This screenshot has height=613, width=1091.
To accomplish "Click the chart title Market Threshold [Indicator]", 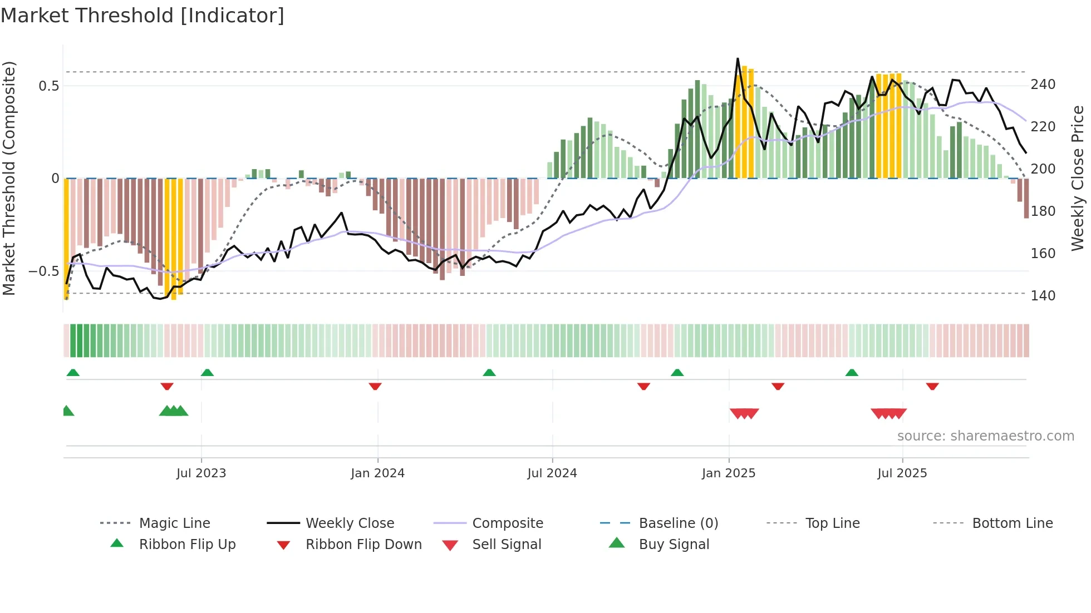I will (142, 16).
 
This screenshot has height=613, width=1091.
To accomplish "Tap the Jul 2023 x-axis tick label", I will (201, 473).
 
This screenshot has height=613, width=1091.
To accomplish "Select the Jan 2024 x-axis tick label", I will (377, 473).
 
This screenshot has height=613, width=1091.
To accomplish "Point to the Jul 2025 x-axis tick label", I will (902, 473).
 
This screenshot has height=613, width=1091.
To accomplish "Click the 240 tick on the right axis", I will (1043, 85).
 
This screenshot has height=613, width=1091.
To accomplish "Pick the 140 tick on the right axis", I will (1043, 295).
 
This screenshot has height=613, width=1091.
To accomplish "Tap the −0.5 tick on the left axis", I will (43, 271).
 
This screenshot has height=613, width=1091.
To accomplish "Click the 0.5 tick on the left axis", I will (48, 86).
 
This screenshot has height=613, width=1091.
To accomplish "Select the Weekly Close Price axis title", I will (1078, 178).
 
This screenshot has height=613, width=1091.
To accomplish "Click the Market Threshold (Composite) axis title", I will (9, 178).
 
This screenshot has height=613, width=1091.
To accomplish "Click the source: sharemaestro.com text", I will (985, 436).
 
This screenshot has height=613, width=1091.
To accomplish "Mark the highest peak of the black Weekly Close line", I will (738, 58).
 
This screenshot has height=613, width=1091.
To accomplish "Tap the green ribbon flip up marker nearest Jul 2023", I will (207, 373).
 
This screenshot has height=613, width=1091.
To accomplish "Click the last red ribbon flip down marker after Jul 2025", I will (932, 386).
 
